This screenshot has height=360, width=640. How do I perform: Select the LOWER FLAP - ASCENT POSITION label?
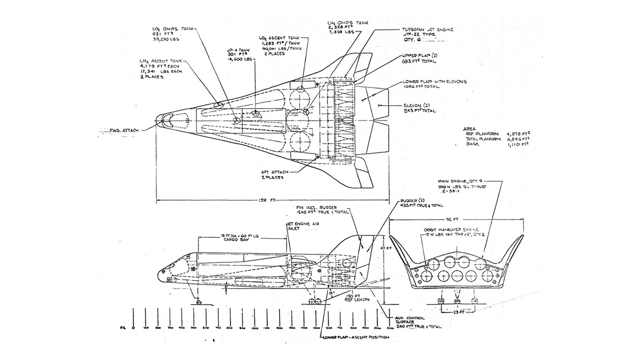355,338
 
